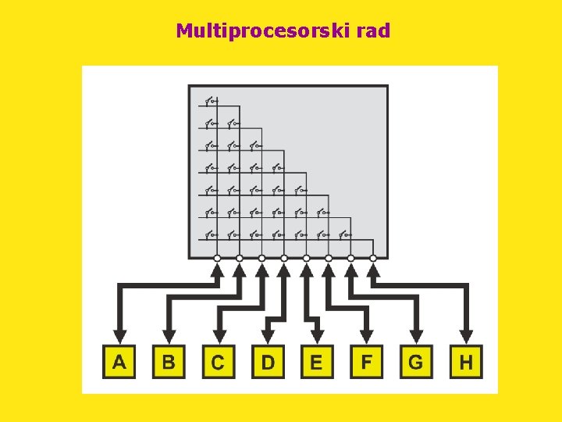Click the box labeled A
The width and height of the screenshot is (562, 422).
coord(119,362)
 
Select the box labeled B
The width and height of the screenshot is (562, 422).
coord(169,362)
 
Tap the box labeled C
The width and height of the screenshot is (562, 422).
coord(218,362)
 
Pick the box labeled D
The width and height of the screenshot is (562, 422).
coord(268,362)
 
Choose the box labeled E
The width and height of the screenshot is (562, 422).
coord(317,362)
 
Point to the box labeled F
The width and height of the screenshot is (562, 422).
coord(367,362)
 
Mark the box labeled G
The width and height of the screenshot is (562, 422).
coord(416,362)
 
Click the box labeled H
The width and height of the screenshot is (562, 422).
coord(466,362)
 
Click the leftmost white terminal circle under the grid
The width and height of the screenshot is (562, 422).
coord(217,258)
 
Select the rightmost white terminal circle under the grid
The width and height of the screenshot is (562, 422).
coord(373,258)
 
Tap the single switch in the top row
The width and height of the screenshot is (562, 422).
coord(211,101)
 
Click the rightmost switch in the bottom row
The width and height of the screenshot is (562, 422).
coord(345,233)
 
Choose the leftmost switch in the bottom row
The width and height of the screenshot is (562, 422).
coord(211,233)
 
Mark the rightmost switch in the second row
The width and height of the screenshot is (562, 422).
coord(233,123)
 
